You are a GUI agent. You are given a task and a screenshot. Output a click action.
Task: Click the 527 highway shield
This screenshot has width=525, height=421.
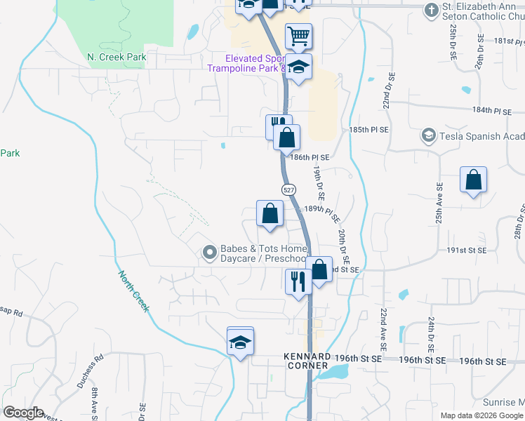(x=289, y=190)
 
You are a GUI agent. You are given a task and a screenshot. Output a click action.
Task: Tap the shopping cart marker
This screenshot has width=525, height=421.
(x=298, y=35)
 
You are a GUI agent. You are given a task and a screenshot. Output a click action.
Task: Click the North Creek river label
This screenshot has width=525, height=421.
(x=133, y=291)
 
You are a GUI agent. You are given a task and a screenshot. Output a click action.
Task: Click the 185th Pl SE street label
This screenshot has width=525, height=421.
(x=368, y=131)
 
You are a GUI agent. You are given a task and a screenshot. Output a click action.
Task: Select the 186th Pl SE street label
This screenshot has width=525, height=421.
(x=310, y=158)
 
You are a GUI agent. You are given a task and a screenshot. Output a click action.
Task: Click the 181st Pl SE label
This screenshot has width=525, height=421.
(x=508, y=41)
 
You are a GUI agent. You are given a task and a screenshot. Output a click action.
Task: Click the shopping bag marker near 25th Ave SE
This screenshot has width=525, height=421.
(x=474, y=180)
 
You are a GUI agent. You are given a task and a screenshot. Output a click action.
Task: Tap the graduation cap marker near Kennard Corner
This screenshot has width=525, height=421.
(x=240, y=343)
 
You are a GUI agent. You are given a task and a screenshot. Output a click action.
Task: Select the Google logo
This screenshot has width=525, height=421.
(x=22, y=413)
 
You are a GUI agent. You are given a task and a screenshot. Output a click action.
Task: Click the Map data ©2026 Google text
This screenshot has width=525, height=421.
(x=481, y=415)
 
